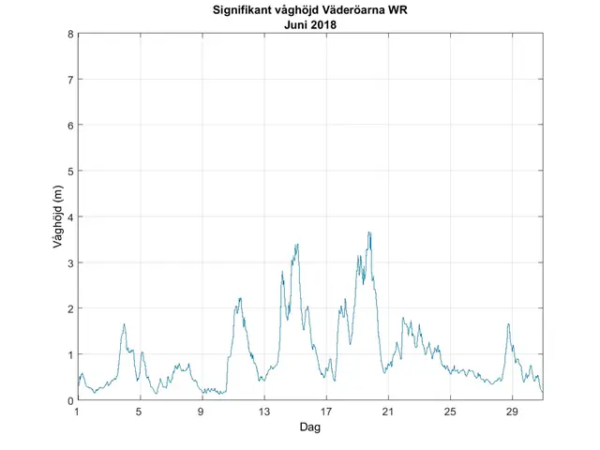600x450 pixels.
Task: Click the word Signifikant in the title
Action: coord(233,11)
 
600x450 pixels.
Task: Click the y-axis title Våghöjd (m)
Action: coord(57,217)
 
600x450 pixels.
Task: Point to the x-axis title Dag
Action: coord(310,427)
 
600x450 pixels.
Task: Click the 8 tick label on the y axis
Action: coord(70,35)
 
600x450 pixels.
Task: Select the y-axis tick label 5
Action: coord(70,172)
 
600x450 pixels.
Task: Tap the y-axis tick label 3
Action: coord(70,262)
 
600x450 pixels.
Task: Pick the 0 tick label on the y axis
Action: coord(70,400)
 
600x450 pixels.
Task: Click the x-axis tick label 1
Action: coord(78,412)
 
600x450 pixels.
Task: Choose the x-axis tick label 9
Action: coord(202,412)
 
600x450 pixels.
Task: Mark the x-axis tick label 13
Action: coord(263,412)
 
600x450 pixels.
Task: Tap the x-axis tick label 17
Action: coord(325,412)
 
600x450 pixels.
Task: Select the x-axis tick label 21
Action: coord(388,412)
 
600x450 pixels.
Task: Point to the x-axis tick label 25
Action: coord(450,412)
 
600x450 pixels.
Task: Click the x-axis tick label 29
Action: coord(512,412)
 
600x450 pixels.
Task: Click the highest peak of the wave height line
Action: coord(369,232)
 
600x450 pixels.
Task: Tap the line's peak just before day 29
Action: coord(508,324)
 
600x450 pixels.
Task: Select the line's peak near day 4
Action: coord(124,324)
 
